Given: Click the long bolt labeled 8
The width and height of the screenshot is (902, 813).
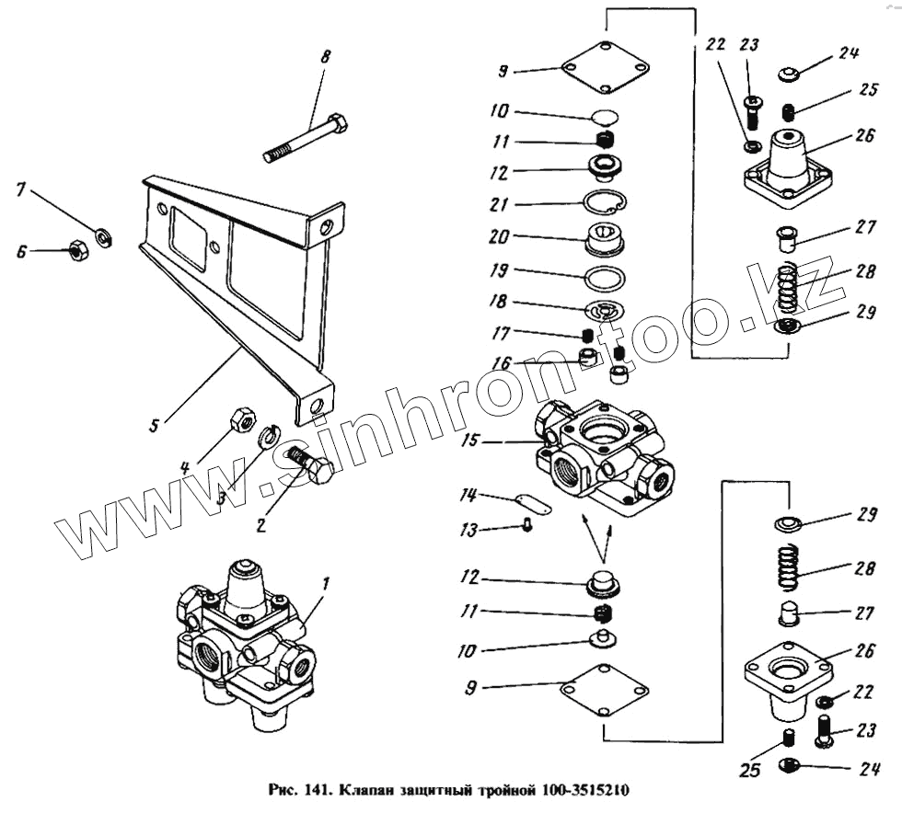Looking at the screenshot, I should point(304,138).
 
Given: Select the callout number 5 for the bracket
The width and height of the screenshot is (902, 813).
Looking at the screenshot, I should point(154,424).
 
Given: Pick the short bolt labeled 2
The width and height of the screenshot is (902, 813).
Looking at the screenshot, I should point(308,464).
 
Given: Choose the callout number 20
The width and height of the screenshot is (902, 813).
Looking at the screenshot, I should point(498,237).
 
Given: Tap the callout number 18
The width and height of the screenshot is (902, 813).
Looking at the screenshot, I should point(498,302).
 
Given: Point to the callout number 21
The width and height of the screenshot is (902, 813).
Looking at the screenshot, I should point(498,203).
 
